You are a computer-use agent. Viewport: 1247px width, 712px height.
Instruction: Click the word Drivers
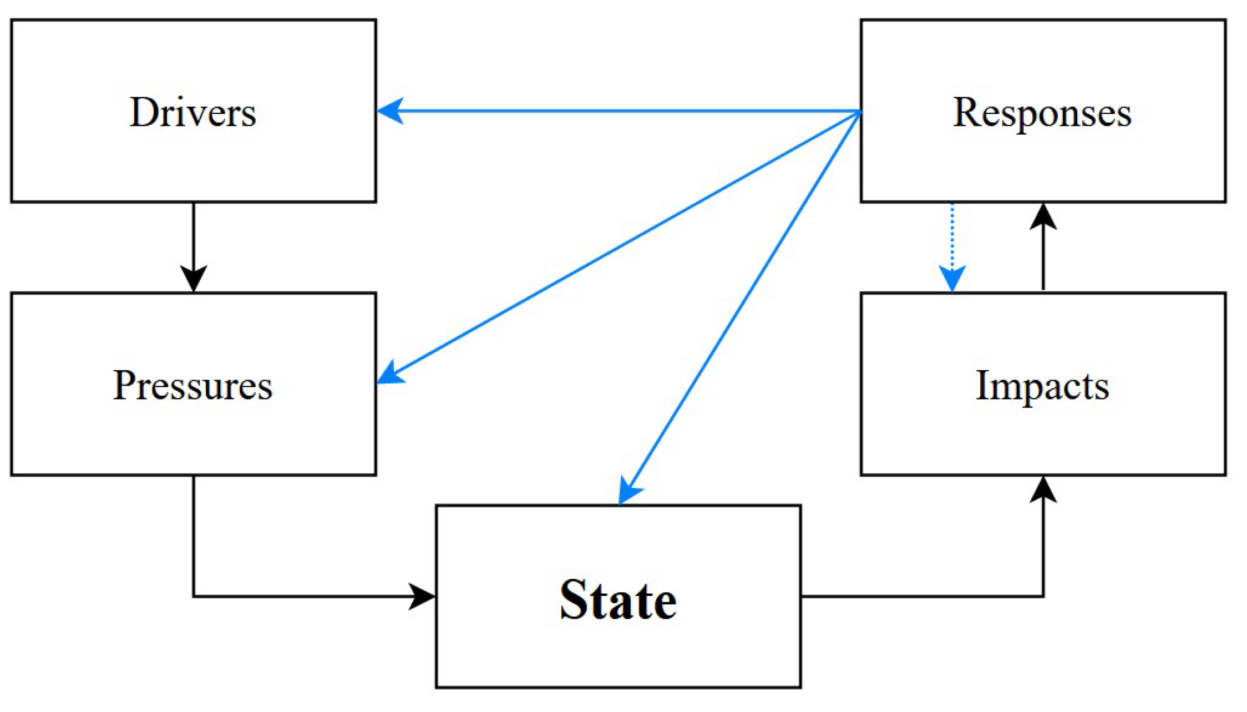pos(192,113)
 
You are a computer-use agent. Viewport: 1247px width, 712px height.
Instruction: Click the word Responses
pos(1042,113)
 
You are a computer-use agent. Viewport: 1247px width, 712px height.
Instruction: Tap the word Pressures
pos(192,385)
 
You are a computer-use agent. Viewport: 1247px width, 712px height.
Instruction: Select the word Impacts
pos(1042,385)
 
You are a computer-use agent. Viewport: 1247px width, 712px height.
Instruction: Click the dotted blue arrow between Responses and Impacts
pos(952,239)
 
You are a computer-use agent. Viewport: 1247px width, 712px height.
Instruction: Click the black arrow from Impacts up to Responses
pos(1043,250)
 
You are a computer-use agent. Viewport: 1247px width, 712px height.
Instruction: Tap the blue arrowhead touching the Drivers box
pos(390,111)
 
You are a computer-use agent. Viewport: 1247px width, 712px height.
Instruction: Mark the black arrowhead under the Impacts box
pos(1043,489)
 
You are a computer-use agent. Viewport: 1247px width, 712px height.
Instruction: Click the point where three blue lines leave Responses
pos(859,112)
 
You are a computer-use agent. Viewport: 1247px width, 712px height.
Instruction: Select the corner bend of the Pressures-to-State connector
pos(194,597)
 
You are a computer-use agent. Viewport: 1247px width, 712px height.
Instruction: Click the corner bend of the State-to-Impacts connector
pos(1043,597)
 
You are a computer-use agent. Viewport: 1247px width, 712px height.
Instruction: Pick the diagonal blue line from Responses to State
pos(743,302)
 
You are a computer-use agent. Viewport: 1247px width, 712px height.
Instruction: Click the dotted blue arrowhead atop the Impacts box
pos(952,278)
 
